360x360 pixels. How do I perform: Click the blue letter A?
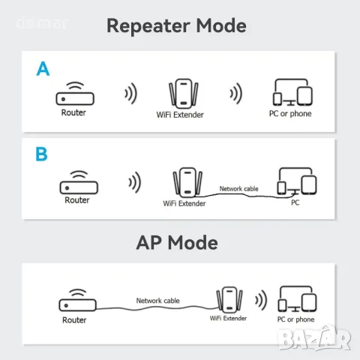(x=43, y=68)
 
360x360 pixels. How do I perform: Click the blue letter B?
(x=41, y=154)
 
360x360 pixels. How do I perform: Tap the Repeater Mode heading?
(x=176, y=26)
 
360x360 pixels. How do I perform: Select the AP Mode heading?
(x=177, y=242)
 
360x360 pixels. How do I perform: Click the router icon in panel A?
(x=75, y=94)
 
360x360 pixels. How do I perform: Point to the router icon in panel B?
(x=79, y=182)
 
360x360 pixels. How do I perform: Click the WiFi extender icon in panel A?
(x=184, y=94)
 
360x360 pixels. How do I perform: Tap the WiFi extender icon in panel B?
(x=187, y=182)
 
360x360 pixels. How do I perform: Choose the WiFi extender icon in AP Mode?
(x=229, y=300)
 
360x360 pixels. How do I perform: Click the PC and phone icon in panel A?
(x=292, y=92)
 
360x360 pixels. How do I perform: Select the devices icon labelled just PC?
(x=297, y=181)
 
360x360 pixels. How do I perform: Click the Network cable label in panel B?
(x=238, y=189)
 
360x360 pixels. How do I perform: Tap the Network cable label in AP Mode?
(x=157, y=301)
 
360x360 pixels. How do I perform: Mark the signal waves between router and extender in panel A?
(x=131, y=94)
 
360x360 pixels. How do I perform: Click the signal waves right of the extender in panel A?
(x=236, y=94)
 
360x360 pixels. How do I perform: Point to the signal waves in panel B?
(x=135, y=182)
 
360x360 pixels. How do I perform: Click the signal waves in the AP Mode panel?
(x=261, y=300)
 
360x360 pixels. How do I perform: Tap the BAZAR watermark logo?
(x=315, y=338)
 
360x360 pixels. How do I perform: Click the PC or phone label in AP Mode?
(x=295, y=319)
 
